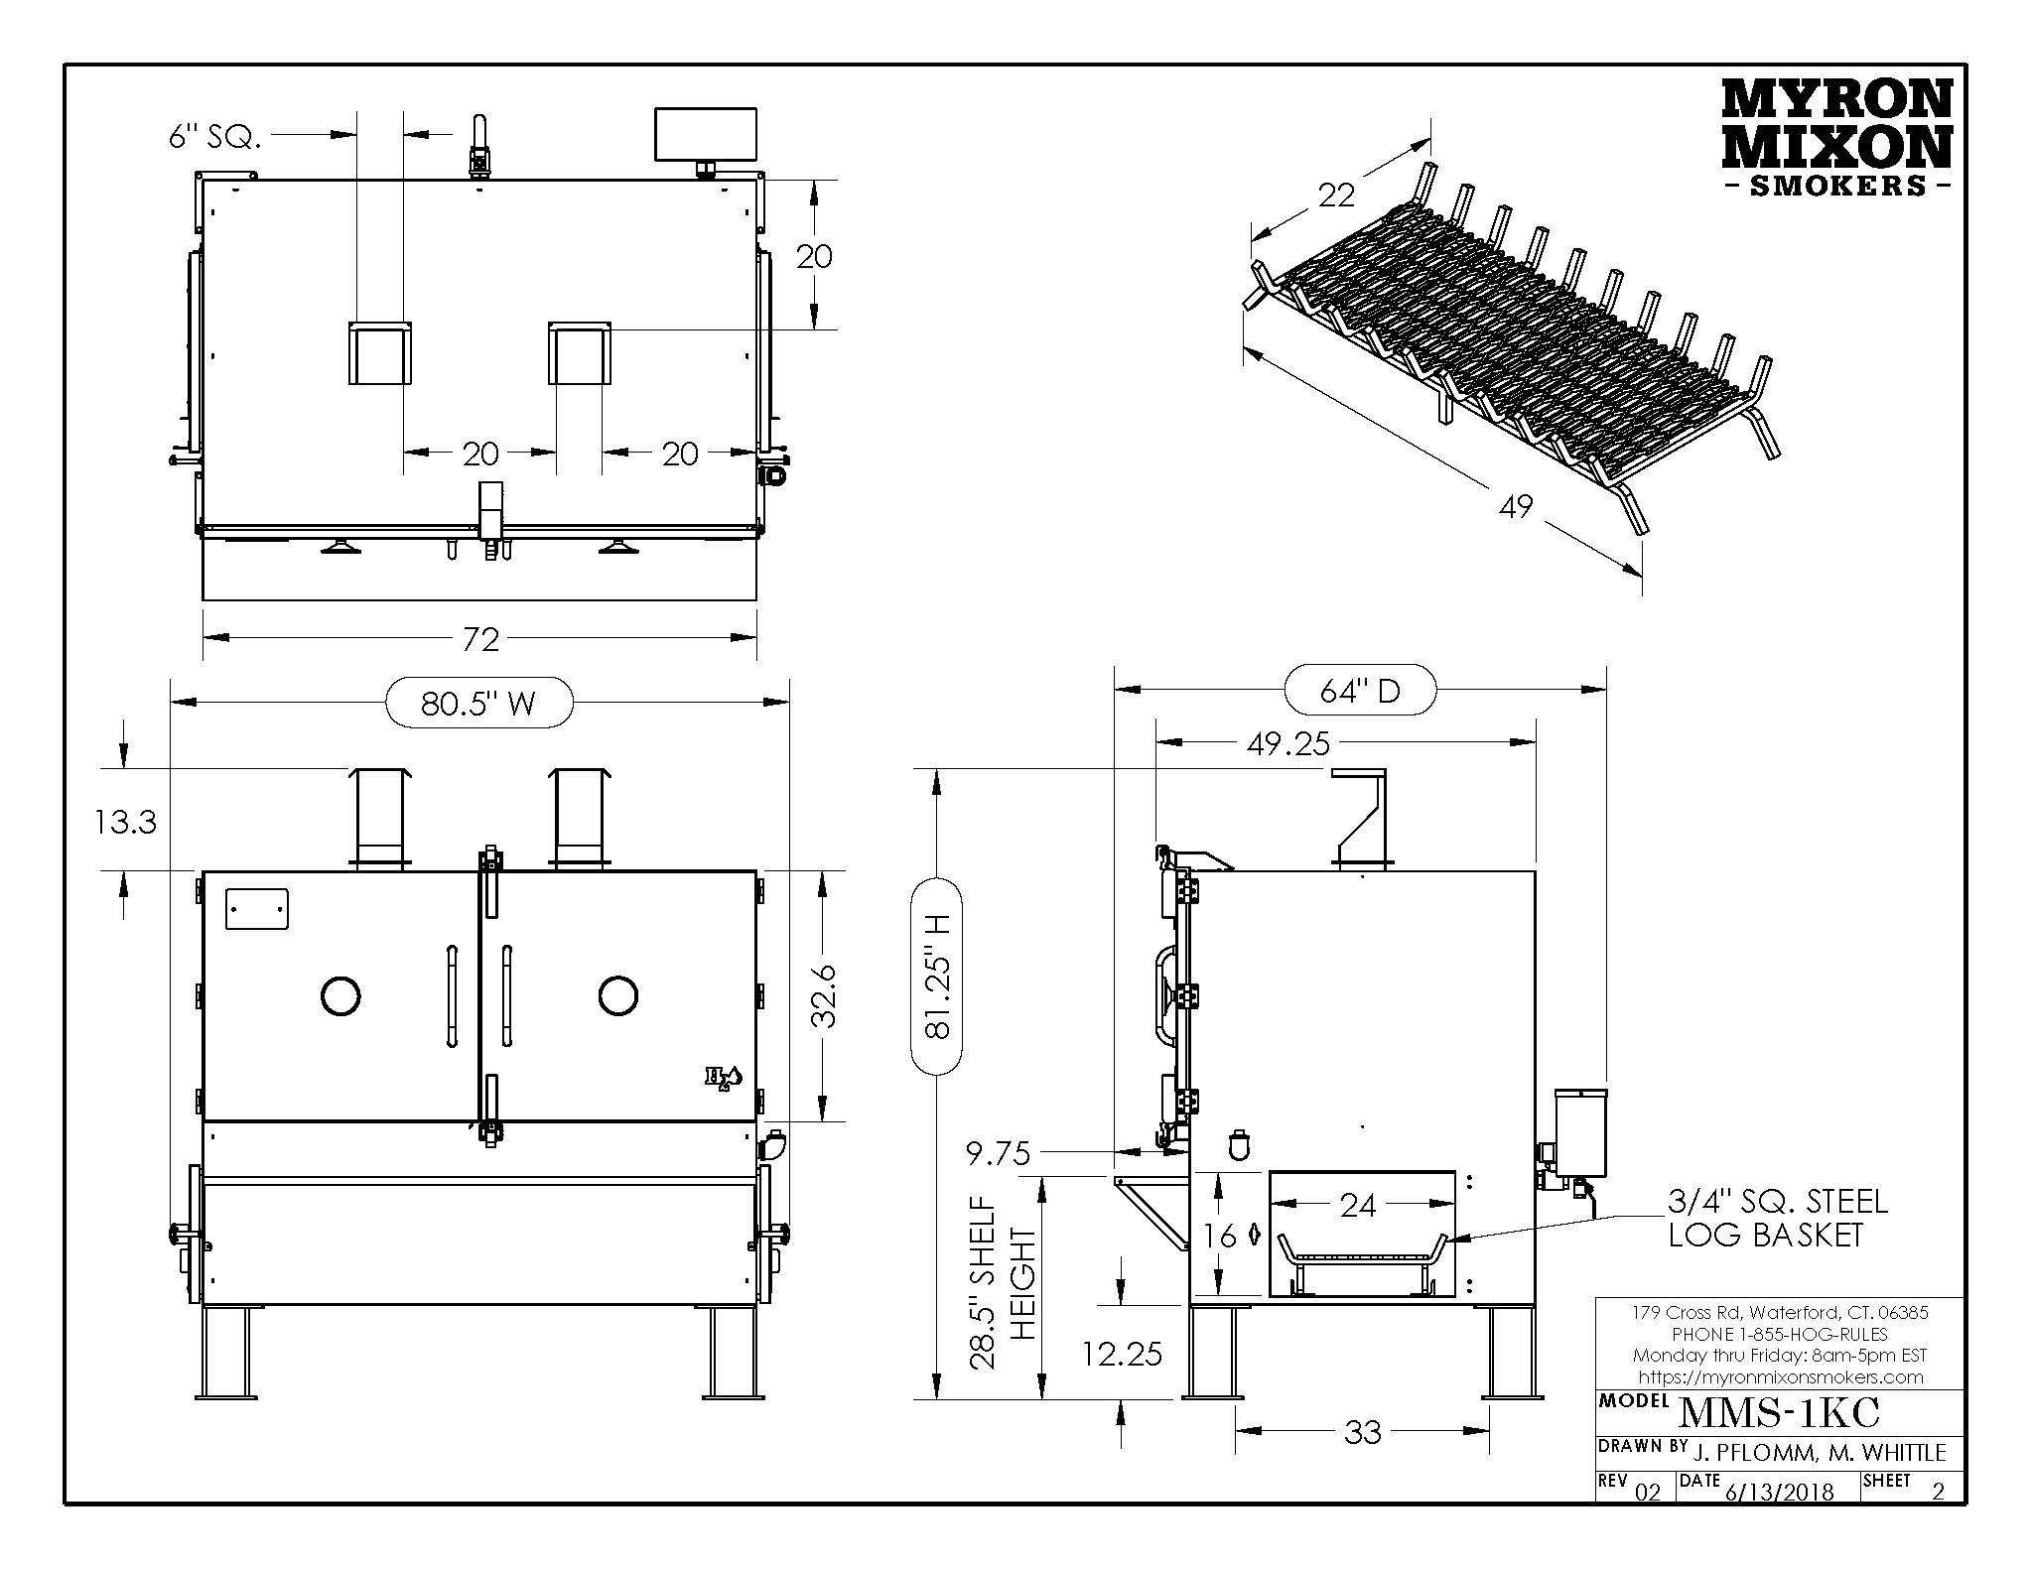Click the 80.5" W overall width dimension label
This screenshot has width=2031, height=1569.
point(478,703)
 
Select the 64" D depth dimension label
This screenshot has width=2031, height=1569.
point(1360,690)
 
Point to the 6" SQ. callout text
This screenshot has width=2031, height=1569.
point(214,137)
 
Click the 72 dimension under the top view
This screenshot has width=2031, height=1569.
point(480,639)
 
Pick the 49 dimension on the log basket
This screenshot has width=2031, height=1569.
point(1516,507)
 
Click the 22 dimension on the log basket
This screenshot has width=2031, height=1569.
point(1336,196)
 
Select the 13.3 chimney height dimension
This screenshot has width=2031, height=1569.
point(126,822)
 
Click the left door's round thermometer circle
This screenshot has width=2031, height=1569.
point(340,995)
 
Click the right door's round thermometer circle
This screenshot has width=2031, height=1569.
point(617,995)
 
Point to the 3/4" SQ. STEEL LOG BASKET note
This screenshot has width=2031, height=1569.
point(1777,1218)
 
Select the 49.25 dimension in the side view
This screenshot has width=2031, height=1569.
point(1287,743)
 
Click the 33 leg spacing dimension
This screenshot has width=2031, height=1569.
point(1362,1432)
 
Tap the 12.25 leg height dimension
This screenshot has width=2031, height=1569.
point(1122,1354)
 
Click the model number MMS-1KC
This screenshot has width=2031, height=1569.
point(1778,1412)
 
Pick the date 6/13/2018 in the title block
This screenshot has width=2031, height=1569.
point(1778,1492)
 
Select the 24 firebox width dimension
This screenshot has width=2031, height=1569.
point(1357,1205)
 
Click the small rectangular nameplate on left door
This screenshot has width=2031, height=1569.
point(257,909)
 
